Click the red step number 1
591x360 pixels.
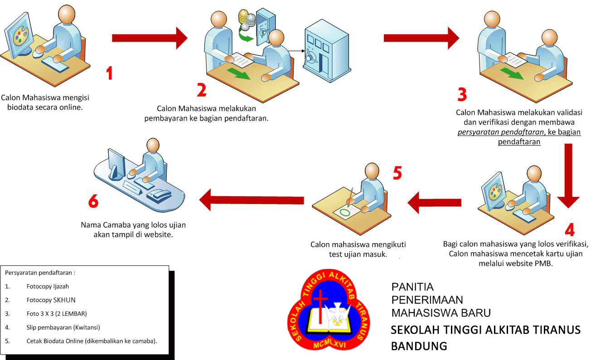point(109,73)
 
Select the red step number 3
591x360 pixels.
point(461,94)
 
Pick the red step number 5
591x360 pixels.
point(397,173)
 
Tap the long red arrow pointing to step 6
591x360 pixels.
point(252,200)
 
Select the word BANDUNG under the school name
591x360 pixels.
point(419,346)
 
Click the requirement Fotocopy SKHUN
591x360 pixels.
point(51,300)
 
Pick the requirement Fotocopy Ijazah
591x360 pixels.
point(48,287)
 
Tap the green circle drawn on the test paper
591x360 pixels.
point(345,210)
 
